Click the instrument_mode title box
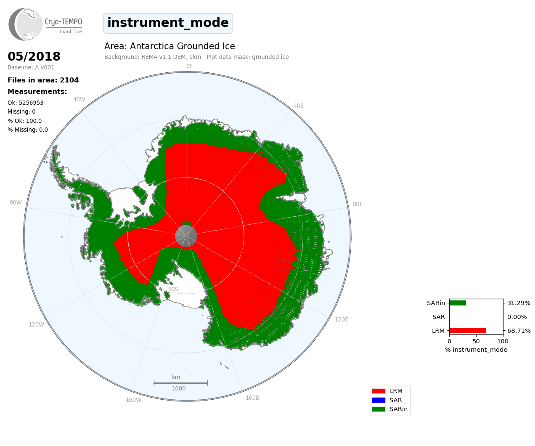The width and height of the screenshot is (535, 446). point(168,23)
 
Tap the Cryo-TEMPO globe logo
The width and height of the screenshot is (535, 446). point(25,24)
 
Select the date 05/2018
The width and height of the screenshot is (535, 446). point(34,56)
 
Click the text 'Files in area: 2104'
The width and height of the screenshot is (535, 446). point(43,80)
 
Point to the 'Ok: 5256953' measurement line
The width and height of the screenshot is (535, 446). point(25,103)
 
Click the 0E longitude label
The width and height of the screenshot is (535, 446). point(189,66)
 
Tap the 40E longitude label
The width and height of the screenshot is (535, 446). point(298,106)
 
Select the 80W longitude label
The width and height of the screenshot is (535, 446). point(16,202)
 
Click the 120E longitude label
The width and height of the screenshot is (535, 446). point(342,319)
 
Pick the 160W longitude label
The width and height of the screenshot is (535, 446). point(133,400)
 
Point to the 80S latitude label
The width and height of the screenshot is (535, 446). point(173,289)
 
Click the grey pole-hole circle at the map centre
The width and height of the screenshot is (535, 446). point(186,236)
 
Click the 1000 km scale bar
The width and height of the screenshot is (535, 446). point(180,383)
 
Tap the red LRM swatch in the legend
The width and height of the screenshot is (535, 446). point(379,391)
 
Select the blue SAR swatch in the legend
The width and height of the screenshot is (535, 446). point(379,400)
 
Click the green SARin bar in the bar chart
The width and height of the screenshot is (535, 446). point(458,303)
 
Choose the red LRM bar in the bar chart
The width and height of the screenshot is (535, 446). point(468,331)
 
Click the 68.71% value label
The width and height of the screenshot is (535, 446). point(519,331)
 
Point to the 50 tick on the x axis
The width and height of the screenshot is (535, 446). point(476,341)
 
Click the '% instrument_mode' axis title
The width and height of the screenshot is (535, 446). point(476,350)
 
